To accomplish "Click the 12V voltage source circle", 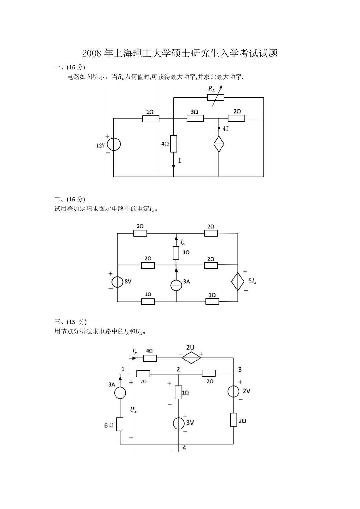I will [114, 144].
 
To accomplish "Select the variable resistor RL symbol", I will [216, 97].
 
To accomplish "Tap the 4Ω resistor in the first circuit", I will [174, 144].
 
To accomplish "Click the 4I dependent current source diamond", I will [219, 144].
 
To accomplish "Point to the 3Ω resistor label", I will [194, 112].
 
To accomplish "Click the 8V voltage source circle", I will [117, 282].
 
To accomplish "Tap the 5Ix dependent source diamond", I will [238, 281].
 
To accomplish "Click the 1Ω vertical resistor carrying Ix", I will [176, 253].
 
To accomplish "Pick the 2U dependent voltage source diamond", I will [191, 358].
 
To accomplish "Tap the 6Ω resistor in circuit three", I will [120, 424].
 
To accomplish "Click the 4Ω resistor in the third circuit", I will [150, 358].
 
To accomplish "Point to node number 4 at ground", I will [184, 448].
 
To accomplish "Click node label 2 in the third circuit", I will [178, 369].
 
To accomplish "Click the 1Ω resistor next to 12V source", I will [151, 119].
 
